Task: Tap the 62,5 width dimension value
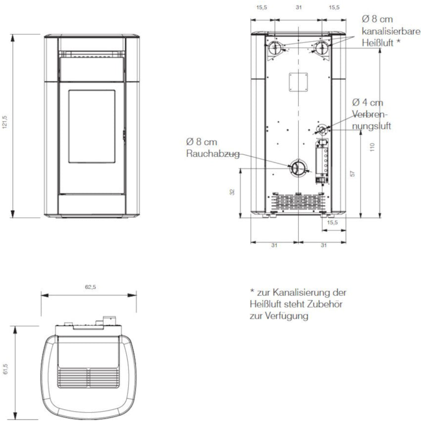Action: (91, 287)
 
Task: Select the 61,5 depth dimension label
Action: (5, 369)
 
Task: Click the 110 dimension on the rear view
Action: (372, 147)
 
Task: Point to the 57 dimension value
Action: (353, 174)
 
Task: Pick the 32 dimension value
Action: (232, 192)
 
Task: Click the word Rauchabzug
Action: (212, 154)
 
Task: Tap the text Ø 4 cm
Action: (368, 103)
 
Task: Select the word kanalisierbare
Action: (391, 31)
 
